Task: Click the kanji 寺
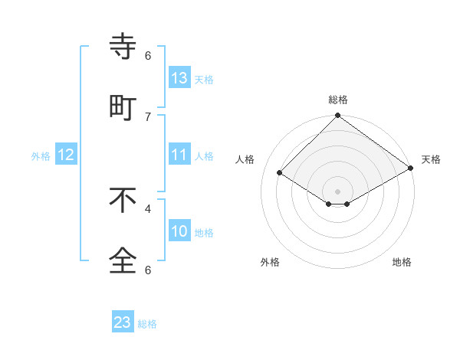coord(123,47)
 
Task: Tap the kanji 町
coord(123,108)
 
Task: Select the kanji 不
coord(123,200)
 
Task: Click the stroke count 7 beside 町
coord(148,116)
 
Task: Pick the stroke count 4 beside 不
coord(148,208)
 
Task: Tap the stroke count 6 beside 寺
coord(148,55)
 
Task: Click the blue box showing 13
coord(179,77)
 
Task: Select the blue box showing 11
coord(179,155)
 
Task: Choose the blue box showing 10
coord(179,231)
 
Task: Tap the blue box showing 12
coord(66,155)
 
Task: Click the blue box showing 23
coord(123,322)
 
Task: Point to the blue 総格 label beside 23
coord(147,324)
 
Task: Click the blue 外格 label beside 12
coord(41,156)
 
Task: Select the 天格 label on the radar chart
coord(431,159)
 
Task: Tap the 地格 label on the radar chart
coord(402,262)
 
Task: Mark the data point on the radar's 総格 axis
coord(337,116)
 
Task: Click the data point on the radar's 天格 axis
coord(411,169)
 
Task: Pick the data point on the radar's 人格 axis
coord(280,173)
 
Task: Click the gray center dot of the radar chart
coord(337,191)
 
